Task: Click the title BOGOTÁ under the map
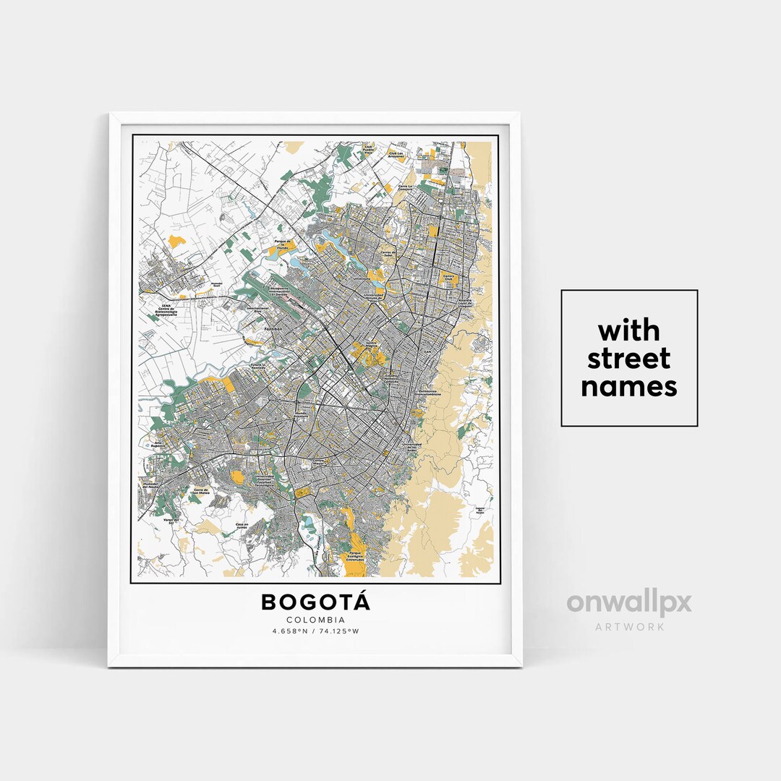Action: tap(315, 601)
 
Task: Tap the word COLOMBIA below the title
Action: tap(315, 620)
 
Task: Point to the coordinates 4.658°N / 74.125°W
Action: tap(315, 631)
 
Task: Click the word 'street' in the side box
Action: tap(629, 358)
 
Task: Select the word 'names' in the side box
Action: tap(629, 386)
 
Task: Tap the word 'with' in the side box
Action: tap(629, 330)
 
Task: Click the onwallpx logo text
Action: tap(629, 602)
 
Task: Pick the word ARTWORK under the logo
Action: tap(629, 626)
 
